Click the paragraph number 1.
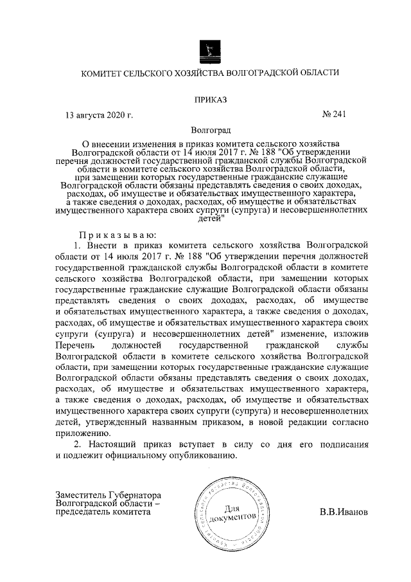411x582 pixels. coord(76,246)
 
